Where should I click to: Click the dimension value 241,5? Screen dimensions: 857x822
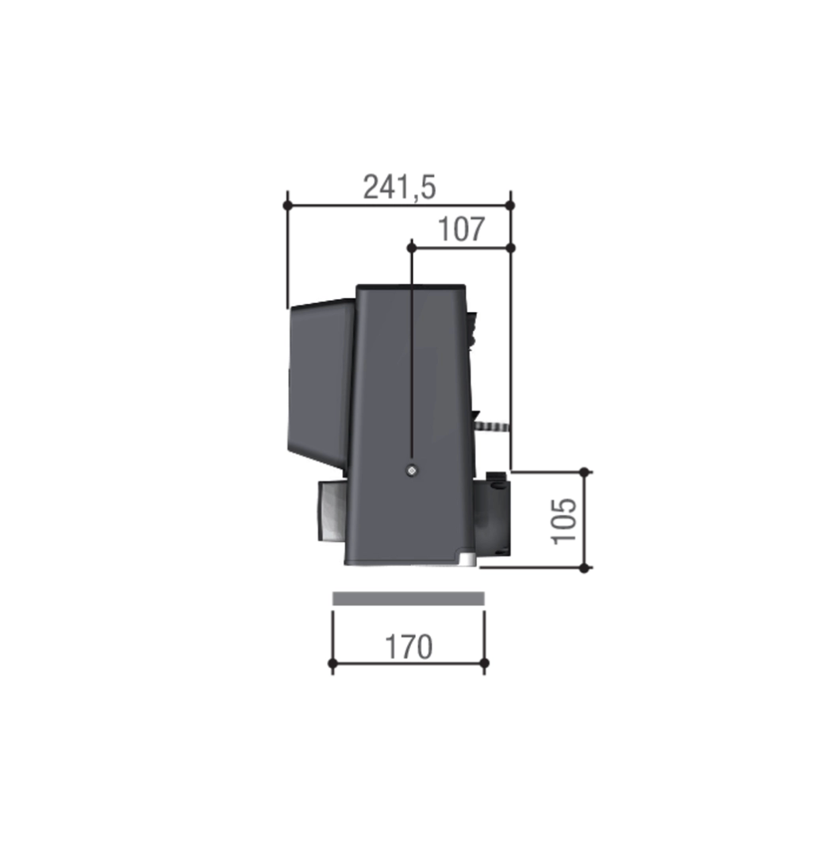tap(399, 187)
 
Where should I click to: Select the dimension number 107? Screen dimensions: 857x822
tap(461, 230)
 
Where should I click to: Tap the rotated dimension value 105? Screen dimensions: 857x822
tap(565, 521)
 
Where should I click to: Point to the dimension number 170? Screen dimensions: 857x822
tap(409, 647)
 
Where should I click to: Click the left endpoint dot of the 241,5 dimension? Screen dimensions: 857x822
tap(288, 206)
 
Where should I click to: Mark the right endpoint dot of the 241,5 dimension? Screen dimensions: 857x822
tap(510, 206)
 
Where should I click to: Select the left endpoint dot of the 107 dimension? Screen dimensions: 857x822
tap(412, 248)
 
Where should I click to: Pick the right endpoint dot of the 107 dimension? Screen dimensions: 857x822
tap(510, 248)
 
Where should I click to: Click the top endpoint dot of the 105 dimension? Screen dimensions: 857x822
tap(585, 472)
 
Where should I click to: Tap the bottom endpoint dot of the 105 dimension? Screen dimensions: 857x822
tap(585, 568)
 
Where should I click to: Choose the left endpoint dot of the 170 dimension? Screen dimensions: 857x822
tap(332, 663)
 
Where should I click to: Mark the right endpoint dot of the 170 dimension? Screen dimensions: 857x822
tap(485, 663)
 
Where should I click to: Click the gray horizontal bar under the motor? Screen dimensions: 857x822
tap(408, 598)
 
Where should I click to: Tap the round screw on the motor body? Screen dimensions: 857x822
tap(411, 471)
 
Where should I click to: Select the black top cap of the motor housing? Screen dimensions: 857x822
tap(411, 287)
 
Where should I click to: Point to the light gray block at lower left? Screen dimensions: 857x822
tap(331, 511)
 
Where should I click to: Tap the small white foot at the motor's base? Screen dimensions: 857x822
tap(468, 560)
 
